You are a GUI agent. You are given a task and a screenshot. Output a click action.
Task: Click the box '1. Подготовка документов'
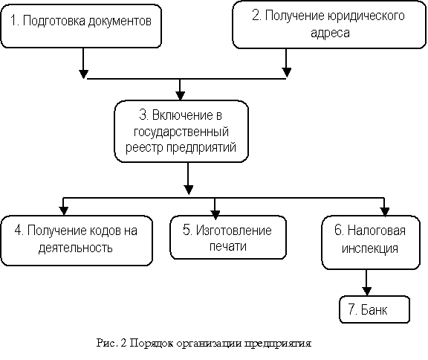click(81, 26)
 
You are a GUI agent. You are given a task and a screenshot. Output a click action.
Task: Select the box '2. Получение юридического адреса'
click(329, 25)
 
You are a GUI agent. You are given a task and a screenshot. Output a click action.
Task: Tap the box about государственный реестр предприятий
click(181, 132)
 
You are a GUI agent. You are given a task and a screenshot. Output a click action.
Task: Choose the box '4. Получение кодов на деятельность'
click(77, 240)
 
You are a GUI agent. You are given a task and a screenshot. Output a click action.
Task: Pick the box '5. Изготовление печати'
click(228, 237)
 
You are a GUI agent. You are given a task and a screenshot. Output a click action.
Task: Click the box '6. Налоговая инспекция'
click(371, 242)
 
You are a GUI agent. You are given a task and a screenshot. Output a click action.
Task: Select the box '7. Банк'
click(374, 309)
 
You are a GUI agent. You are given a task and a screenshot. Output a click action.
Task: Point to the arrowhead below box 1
click(83, 74)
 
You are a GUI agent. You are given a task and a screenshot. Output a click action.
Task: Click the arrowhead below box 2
click(286, 72)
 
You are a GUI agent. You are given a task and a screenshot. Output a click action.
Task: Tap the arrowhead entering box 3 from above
click(180, 96)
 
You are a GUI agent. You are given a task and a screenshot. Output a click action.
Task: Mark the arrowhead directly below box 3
click(188, 190)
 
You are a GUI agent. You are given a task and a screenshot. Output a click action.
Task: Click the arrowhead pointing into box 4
click(64, 210)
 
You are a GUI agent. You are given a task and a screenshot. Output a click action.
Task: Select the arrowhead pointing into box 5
click(215, 215)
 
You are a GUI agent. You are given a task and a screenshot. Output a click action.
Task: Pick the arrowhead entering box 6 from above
click(385, 211)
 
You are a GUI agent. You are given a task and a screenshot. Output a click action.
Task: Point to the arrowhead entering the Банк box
click(366, 291)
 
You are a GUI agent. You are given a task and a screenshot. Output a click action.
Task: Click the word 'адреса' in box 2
click(330, 33)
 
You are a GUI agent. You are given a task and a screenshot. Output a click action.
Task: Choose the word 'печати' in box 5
click(228, 247)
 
